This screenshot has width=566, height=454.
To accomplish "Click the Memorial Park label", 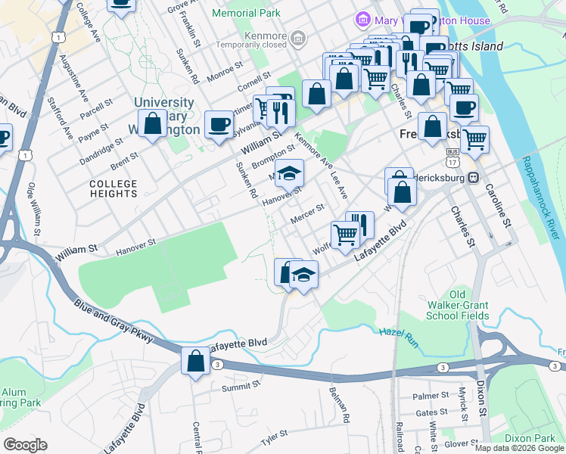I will [246, 13].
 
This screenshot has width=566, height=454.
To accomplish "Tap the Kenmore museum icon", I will [299, 36].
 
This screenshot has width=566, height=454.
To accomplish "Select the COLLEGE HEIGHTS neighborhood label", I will [114, 188].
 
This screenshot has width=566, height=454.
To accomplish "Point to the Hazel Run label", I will [393, 332].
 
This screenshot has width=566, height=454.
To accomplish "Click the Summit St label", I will [241, 385].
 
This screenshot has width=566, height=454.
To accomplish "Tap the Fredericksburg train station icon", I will [474, 177].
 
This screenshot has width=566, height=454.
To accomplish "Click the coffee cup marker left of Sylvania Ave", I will [219, 124].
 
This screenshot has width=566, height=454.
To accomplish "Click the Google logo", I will [26, 445].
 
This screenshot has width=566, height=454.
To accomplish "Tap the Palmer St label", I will [431, 396].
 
